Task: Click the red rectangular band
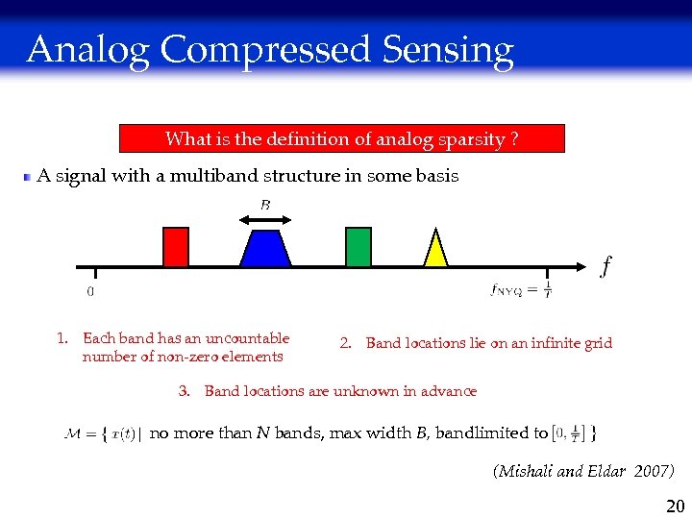[x=175, y=246]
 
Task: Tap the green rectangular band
[x=358, y=246]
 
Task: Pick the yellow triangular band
[x=436, y=251]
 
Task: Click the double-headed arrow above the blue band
[x=265, y=220]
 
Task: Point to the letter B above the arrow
[x=265, y=204]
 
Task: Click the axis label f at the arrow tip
[x=605, y=265]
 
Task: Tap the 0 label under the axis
[x=90, y=291]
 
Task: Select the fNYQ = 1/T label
[x=520, y=288]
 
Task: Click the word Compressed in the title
[x=267, y=50]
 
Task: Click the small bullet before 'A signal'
[x=28, y=177]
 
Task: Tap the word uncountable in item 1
[x=248, y=338]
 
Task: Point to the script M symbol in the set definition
[x=74, y=433]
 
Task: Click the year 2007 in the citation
[x=653, y=471]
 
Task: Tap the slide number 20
[x=675, y=507]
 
